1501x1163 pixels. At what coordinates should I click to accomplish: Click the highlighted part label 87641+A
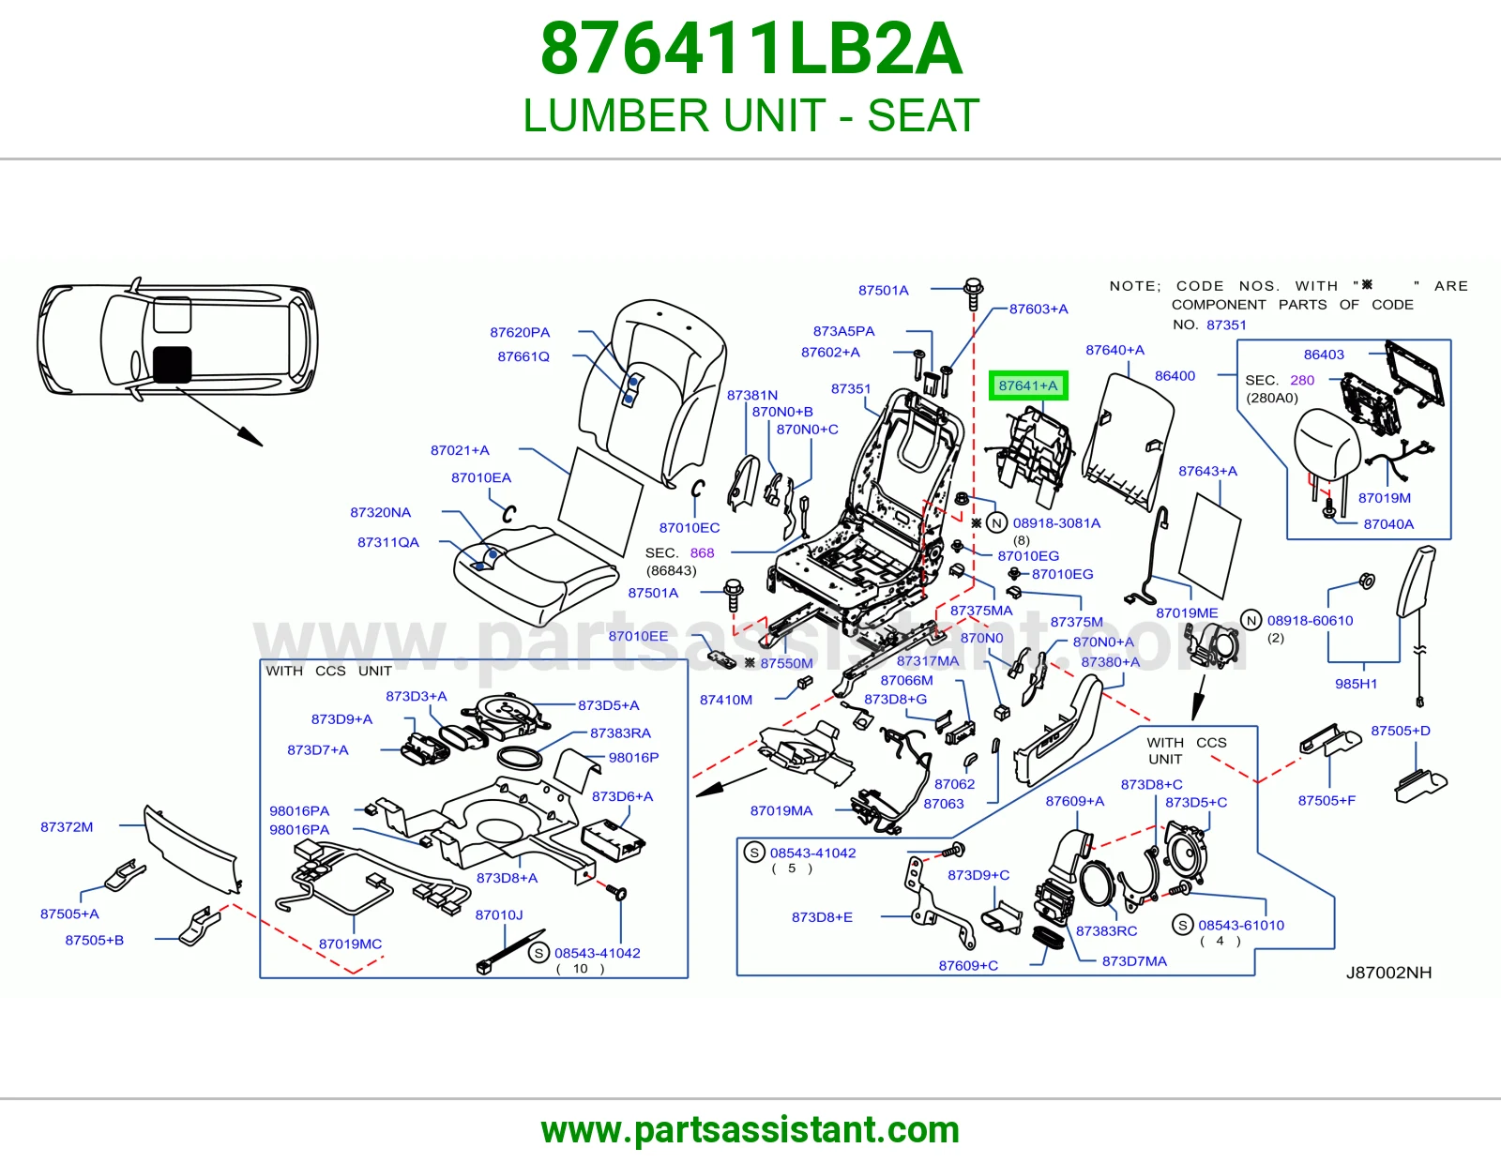click(1028, 385)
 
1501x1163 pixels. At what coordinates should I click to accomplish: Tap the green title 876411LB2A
click(750, 49)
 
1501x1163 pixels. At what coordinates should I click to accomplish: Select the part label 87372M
click(67, 826)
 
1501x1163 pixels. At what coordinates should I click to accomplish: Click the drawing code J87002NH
click(1388, 973)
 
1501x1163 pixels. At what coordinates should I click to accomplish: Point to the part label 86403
click(1324, 355)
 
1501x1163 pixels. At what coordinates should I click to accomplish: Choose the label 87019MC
click(350, 944)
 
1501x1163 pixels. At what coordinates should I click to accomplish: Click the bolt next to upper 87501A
click(973, 293)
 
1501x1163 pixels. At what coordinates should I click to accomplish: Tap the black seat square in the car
click(172, 365)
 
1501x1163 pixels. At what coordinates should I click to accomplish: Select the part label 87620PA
click(520, 332)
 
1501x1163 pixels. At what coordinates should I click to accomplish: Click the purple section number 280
click(1302, 380)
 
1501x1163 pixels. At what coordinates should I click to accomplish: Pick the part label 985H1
click(1356, 684)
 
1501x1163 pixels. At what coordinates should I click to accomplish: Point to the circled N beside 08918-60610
click(1251, 620)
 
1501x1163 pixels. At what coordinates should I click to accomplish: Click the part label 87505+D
click(1400, 731)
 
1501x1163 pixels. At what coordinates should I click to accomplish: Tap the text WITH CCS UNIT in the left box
click(328, 671)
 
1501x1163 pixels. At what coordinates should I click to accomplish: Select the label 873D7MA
click(1134, 960)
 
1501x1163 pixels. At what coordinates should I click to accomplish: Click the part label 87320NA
click(380, 512)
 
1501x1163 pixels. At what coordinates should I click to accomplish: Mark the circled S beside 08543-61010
click(1183, 924)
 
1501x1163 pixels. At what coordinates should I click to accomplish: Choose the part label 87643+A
click(1207, 471)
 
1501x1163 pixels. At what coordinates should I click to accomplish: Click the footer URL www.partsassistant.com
click(750, 1130)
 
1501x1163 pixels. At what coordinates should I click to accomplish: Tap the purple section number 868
click(702, 552)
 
